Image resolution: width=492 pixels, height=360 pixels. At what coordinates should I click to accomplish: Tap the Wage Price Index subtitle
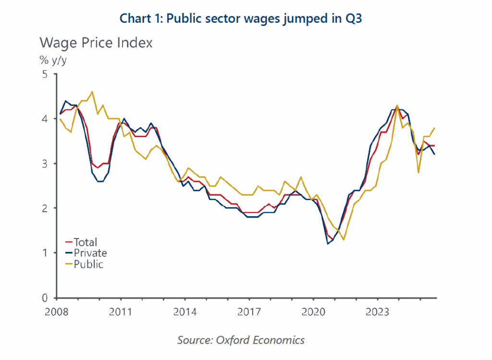tap(96, 43)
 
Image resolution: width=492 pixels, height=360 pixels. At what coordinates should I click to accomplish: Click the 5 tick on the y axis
tap(45, 74)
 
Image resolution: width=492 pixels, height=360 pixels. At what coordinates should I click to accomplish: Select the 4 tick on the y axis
tap(45, 119)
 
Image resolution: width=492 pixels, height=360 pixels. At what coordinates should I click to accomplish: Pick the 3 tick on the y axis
tap(45, 164)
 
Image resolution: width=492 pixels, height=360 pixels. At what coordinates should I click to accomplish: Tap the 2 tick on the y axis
tap(45, 208)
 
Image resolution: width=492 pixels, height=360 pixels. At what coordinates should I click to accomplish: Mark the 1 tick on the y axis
tap(45, 253)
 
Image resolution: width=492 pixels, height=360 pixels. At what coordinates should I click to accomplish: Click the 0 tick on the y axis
tap(45, 298)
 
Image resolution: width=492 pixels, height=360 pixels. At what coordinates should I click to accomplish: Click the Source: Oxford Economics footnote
tap(241, 340)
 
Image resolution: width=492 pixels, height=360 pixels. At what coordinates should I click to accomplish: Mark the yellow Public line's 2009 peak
tap(92, 92)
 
